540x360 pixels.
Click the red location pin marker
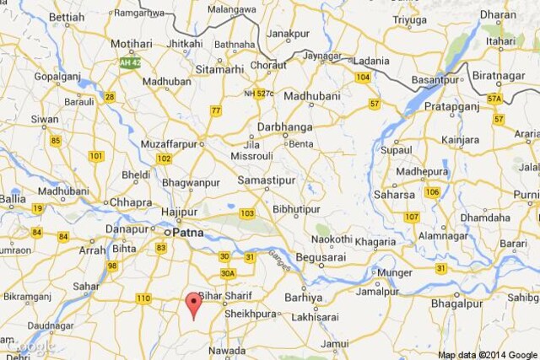point(194,304)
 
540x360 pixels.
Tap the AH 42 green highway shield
point(129,63)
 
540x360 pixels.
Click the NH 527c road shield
point(261,94)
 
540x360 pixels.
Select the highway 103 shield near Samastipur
point(247,213)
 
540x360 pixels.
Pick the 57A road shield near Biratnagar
point(494,99)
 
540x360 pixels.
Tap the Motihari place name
point(132,44)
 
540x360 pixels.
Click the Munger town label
point(394,273)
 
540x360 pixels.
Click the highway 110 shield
point(143,298)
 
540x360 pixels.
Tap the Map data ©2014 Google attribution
point(487,354)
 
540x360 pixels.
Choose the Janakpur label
point(289,35)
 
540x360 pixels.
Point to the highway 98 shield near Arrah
point(112,266)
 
